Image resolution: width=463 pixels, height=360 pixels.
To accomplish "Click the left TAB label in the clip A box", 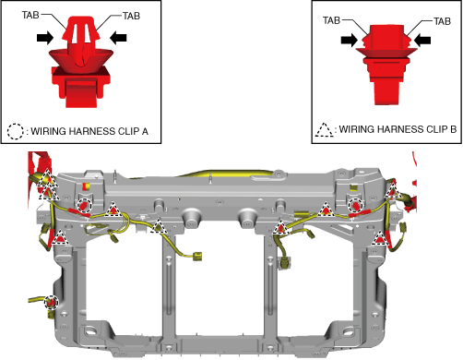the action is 30,15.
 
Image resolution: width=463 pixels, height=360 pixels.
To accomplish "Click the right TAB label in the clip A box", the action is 131,16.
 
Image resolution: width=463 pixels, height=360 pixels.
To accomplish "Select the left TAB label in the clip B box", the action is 331,20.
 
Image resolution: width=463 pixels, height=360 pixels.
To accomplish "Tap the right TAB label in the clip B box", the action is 442,21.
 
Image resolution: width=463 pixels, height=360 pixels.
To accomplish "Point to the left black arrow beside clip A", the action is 45,38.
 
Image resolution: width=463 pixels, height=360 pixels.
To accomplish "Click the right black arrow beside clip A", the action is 118,38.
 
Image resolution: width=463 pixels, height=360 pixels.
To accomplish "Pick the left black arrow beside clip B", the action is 350,40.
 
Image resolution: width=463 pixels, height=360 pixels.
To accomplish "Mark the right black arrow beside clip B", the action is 422,40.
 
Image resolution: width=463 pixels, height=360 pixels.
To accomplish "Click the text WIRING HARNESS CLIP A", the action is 89,131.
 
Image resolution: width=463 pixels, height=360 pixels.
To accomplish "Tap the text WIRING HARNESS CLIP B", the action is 398,129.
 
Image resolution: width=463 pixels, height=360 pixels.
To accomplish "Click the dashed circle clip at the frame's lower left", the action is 51,302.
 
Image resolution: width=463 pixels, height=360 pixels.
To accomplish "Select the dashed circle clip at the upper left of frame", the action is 84,205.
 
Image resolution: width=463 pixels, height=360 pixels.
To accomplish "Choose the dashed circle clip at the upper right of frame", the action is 356,205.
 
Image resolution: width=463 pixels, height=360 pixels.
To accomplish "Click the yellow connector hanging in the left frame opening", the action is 197,257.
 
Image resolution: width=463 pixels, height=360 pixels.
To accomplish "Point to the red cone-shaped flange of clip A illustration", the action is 81,60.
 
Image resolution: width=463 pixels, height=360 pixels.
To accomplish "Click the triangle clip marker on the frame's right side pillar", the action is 380,238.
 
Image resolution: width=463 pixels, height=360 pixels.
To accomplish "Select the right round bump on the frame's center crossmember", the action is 248,218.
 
